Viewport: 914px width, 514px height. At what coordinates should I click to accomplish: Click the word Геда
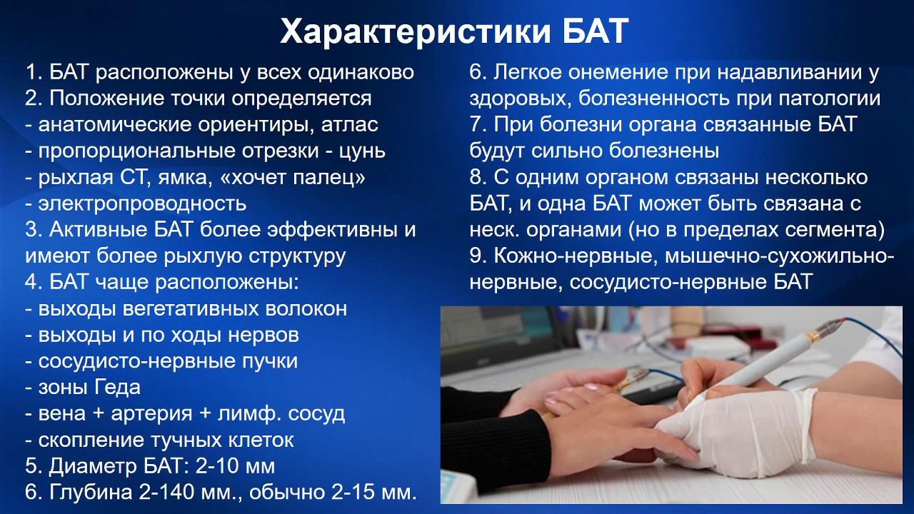click(117, 388)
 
